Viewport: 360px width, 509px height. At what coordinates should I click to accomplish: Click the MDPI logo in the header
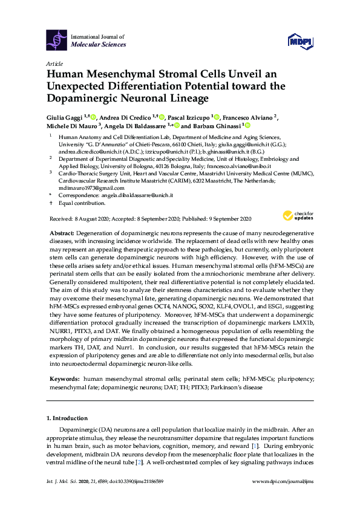click(300, 41)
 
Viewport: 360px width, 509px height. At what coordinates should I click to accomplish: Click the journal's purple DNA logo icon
click(57, 40)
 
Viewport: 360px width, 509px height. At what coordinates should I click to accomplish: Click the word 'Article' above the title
click(54, 63)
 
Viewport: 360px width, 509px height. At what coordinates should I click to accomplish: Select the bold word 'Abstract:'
click(62, 233)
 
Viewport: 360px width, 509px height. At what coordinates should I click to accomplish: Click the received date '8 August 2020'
click(89, 218)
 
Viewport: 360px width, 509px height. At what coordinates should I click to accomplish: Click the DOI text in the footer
click(142, 498)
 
